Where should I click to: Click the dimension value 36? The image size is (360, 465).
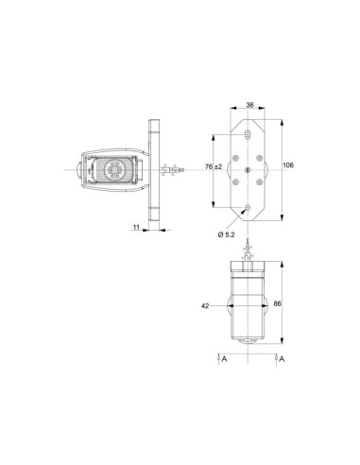pos(249,105)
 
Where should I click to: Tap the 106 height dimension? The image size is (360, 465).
pos(288,165)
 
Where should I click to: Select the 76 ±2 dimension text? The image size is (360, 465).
pos(214,166)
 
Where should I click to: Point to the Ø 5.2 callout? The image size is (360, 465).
pos(226,234)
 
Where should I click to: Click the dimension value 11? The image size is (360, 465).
pos(136,227)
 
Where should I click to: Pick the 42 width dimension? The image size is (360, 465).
pos(205,305)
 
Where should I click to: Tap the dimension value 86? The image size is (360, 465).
pos(278,303)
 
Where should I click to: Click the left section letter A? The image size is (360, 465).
pos(224,359)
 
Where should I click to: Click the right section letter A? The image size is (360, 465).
pos(282,359)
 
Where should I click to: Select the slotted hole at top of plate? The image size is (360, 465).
pos(248,135)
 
